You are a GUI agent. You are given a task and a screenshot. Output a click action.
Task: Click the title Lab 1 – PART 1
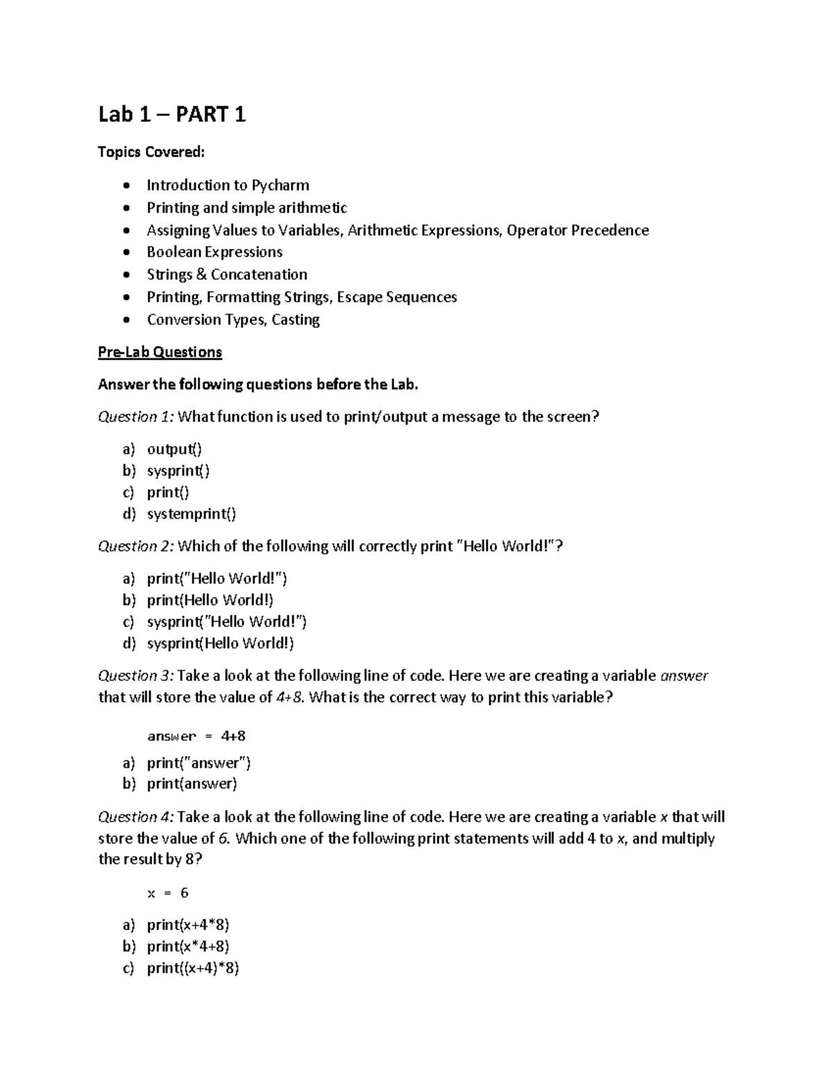(171, 115)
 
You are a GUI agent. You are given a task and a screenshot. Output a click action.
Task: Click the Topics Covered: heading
(151, 152)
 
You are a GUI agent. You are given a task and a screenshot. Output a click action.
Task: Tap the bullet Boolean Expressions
(214, 252)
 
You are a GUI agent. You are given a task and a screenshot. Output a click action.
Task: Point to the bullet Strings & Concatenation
(226, 274)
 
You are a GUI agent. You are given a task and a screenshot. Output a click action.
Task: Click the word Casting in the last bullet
(296, 320)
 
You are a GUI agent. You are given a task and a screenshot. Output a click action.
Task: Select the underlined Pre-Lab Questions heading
(160, 352)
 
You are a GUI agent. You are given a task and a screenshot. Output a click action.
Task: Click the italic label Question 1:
(137, 417)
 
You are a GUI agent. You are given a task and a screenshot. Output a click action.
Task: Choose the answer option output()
(174, 450)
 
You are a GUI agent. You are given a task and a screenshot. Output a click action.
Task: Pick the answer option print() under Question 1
(167, 493)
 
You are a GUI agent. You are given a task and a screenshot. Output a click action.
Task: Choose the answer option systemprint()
(191, 514)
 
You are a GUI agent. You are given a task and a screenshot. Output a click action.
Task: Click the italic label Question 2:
(137, 546)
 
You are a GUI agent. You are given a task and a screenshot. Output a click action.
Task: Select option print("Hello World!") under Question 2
(217, 579)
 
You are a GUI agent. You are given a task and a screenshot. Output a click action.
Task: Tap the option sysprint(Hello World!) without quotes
(220, 643)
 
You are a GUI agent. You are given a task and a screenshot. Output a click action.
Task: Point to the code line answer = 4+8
(196, 736)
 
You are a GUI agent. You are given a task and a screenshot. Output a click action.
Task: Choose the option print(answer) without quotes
(192, 784)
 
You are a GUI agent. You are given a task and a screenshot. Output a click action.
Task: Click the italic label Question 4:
(137, 817)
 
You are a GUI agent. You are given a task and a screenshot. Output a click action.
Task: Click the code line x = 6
(167, 893)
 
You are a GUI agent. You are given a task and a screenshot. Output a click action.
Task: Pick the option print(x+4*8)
(187, 925)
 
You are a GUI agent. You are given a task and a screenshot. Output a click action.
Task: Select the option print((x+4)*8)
(192, 969)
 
